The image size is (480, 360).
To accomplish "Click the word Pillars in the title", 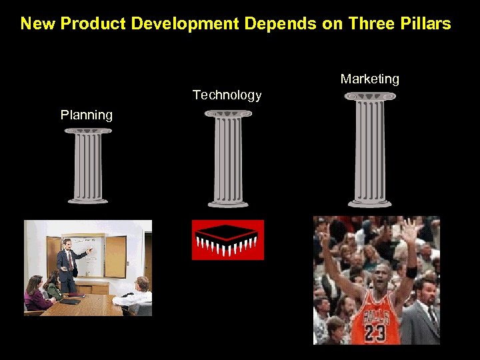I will pos(424,24).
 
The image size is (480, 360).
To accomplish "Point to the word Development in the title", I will pos(185,24).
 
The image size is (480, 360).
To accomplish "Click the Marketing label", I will pos(369,79).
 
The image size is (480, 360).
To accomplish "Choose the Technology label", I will pos(227,95).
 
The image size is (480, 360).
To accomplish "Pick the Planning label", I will pos(87,115).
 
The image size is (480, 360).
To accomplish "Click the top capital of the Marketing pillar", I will pos(370,97).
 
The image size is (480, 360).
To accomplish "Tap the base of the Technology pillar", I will pos(228,203).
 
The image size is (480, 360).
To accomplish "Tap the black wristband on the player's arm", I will pos(411,271).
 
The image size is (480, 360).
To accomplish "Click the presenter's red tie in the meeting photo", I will pos(69,260).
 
